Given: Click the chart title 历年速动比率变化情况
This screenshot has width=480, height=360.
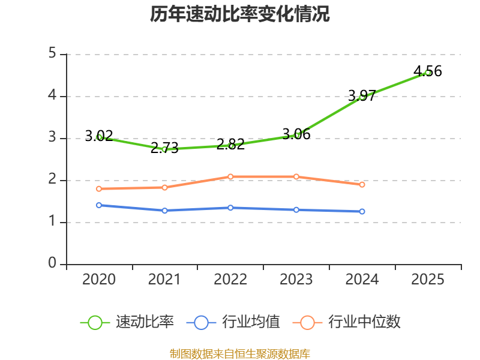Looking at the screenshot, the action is point(239,14).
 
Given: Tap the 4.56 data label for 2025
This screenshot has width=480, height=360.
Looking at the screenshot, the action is point(428,71).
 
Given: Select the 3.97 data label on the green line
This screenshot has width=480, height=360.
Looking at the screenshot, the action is point(362,95).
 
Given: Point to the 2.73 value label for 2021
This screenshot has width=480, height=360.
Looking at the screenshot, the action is point(164,148).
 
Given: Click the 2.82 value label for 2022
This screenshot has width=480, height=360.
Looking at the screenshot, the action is point(230,144).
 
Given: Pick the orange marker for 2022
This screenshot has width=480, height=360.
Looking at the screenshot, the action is point(230,176).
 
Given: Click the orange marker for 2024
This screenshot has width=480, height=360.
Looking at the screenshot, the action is point(362,185).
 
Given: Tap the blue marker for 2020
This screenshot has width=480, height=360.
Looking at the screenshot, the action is point(99,205).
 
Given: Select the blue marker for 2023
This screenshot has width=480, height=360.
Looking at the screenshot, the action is point(296,210).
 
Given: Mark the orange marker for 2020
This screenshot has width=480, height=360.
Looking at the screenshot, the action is point(99,189).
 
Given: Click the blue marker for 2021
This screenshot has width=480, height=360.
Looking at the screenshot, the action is point(164,211).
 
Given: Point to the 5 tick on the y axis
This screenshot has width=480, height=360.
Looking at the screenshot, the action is point(52,53).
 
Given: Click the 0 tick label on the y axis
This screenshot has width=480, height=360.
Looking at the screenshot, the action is point(52,263).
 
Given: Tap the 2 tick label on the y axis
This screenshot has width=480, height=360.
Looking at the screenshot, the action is point(52,179).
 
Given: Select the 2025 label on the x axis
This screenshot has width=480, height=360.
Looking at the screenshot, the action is point(428,279).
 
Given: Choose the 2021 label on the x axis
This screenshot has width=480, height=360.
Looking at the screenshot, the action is point(164,279).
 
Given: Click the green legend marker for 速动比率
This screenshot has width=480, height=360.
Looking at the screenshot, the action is point(95,323).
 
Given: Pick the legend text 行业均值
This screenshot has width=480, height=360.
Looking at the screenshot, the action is point(251,322).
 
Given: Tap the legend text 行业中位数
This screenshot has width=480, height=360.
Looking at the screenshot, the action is point(364,322).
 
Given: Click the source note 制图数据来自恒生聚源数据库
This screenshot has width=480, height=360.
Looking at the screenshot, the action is point(240,354).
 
